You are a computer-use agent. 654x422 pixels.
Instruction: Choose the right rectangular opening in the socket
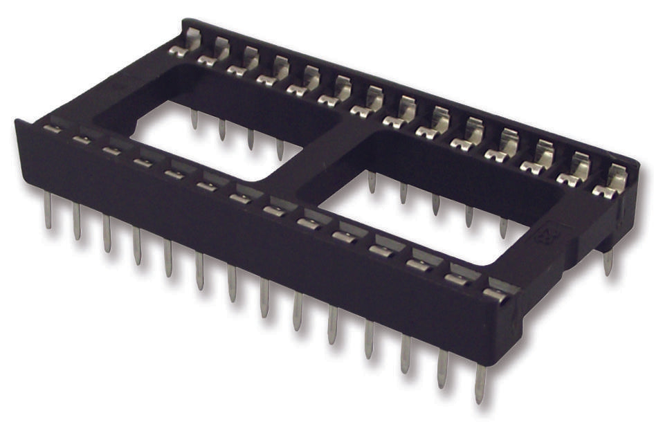pyautogui.click(x=422, y=208)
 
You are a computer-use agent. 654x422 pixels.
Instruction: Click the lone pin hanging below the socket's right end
pyautogui.click(x=608, y=262)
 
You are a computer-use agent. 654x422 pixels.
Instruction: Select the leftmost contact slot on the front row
pyautogui.click(x=51, y=129)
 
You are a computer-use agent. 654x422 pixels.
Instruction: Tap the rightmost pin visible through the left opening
pyautogui.click(x=280, y=148)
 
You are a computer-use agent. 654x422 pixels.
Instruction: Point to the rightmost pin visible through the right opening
pyautogui.click(x=503, y=227)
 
